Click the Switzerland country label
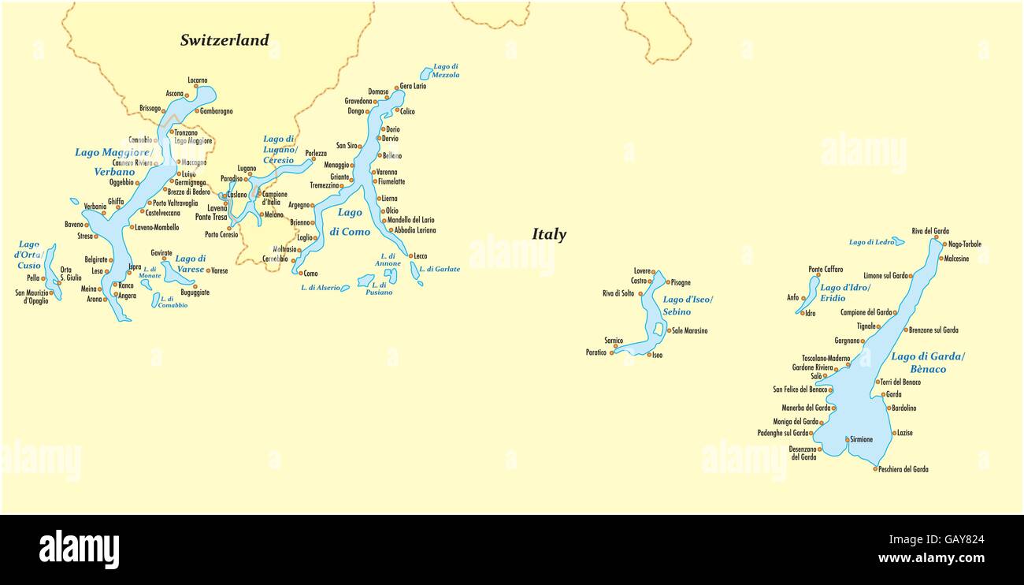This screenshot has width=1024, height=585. (x=224, y=40)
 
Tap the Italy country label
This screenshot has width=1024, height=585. (x=549, y=234)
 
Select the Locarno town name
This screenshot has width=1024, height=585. (x=198, y=80)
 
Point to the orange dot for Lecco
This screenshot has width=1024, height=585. (x=410, y=255)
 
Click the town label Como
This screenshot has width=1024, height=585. (x=311, y=274)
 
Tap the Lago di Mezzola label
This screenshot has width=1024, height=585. (x=446, y=71)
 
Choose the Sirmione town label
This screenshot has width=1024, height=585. (x=861, y=439)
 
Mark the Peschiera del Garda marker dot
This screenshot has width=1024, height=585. (x=875, y=469)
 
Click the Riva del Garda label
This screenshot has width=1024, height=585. (x=930, y=231)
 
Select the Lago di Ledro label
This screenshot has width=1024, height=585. (x=871, y=242)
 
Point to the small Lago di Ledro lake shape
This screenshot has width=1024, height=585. (x=899, y=241)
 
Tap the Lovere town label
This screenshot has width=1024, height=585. (x=642, y=271)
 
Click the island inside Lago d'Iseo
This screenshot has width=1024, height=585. (x=659, y=329)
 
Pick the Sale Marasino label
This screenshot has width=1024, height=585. (x=689, y=330)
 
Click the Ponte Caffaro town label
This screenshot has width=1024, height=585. (x=826, y=270)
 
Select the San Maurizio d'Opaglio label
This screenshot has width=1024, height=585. (x=32, y=296)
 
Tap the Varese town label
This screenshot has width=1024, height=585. (x=219, y=270)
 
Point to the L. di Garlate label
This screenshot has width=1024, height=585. (x=440, y=269)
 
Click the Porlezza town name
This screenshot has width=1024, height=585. (x=316, y=154)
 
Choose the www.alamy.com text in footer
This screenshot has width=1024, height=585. (x=931, y=558)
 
